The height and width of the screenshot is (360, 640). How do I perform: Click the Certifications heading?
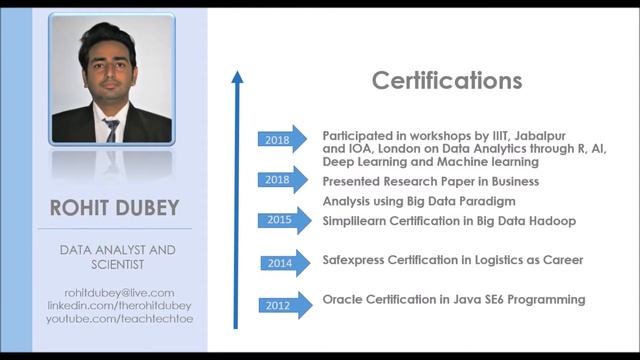click(447, 80)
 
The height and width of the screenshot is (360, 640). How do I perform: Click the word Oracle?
click(342, 299)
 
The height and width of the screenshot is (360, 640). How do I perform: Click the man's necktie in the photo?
click(111, 129)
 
